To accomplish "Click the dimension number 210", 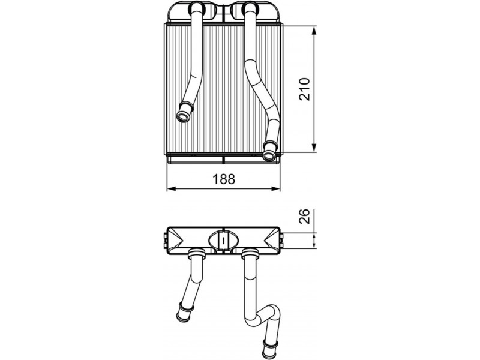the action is pos(305,89).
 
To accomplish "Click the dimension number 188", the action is pos(224,179).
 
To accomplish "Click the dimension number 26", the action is pos(305,216).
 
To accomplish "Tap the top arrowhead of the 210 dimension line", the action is pos(314,31).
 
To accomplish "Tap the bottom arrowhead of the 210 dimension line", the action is pos(314,148).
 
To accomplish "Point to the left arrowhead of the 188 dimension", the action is pos(172,189).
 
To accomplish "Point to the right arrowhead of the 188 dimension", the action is pos(275,189).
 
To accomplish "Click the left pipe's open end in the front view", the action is pos(184,116).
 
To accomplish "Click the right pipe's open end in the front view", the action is pos(269,156).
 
